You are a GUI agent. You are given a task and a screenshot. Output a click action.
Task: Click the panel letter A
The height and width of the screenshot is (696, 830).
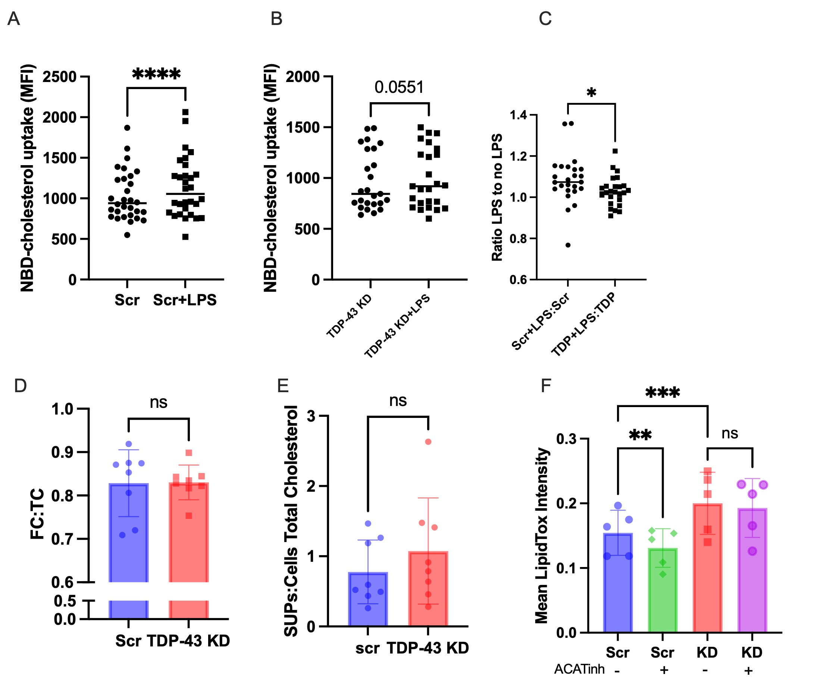click(x=14, y=19)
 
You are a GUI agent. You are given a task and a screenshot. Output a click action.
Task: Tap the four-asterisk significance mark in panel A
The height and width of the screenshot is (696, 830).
click(x=156, y=74)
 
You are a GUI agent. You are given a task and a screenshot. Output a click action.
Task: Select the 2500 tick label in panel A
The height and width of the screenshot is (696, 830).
click(x=60, y=77)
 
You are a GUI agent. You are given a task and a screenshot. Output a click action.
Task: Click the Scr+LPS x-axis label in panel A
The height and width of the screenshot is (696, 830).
click(x=185, y=300)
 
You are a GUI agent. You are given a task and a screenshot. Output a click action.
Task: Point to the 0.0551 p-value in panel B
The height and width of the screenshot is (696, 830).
click(x=399, y=87)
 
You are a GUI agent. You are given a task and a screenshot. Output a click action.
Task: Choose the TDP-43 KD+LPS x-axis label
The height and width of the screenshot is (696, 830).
click(x=397, y=327)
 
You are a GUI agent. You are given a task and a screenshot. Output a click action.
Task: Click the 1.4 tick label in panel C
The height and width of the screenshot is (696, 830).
click(x=518, y=115)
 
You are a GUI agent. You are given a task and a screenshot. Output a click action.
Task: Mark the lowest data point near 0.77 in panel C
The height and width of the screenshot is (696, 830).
click(x=568, y=245)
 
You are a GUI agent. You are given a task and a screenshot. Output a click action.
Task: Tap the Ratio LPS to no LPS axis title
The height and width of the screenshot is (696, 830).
click(x=497, y=198)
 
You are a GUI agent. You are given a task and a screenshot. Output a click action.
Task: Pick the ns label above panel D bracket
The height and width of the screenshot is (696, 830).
click(x=159, y=403)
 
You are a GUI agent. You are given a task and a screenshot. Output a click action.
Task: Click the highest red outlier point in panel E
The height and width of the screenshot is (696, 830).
click(x=428, y=442)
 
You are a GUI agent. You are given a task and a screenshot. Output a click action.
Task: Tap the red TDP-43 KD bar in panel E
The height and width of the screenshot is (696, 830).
click(x=428, y=589)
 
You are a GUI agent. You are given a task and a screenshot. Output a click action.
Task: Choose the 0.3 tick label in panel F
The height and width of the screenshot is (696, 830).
click(x=566, y=439)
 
